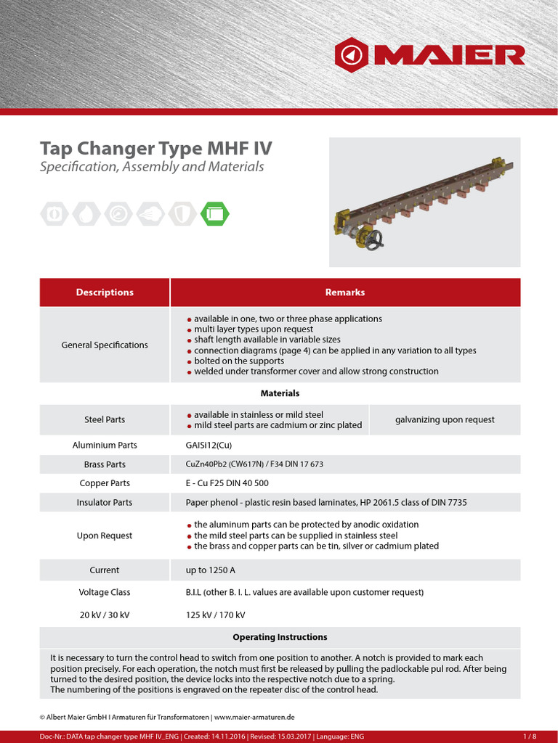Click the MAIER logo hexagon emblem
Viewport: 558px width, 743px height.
click(x=352, y=55)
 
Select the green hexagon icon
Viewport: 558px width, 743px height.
click(x=214, y=213)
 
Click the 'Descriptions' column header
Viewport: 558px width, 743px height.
click(x=105, y=292)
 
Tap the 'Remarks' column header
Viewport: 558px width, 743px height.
click(x=345, y=292)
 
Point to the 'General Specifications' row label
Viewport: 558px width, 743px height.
click(x=105, y=345)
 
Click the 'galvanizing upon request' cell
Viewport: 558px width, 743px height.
click(x=445, y=419)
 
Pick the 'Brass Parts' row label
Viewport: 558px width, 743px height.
click(x=105, y=464)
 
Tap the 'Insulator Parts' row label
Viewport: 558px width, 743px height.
click(x=105, y=502)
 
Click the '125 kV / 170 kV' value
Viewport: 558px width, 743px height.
click(x=216, y=615)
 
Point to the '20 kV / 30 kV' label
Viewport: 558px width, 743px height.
click(x=105, y=615)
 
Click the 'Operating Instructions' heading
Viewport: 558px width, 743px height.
click(x=280, y=637)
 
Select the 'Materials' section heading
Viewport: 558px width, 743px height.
click(x=280, y=393)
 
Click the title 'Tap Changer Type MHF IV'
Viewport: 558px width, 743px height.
click(x=155, y=149)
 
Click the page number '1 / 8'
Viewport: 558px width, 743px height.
click(x=529, y=737)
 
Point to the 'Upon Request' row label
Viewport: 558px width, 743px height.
click(x=105, y=535)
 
